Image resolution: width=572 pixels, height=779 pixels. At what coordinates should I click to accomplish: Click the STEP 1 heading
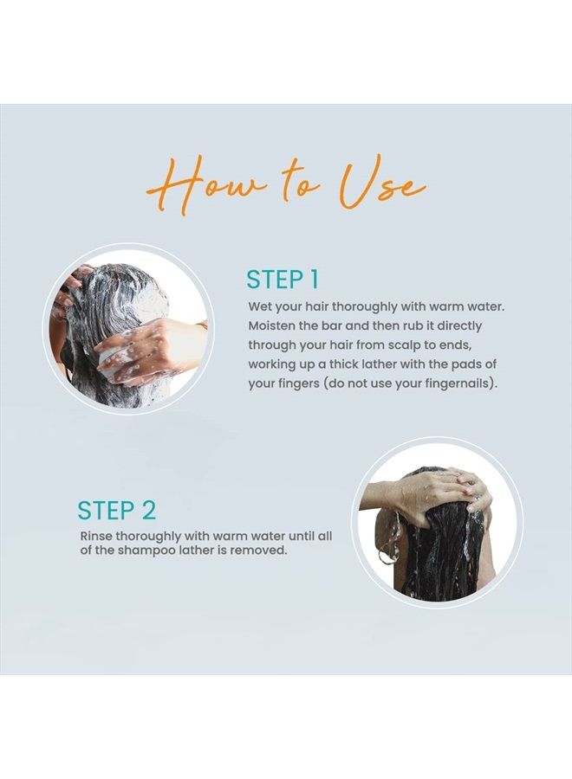point(282,280)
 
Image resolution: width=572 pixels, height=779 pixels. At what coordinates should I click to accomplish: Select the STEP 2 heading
point(117,510)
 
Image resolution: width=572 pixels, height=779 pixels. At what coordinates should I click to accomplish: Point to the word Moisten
point(269,326)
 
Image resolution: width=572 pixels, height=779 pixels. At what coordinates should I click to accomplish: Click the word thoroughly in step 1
point(363,307)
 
